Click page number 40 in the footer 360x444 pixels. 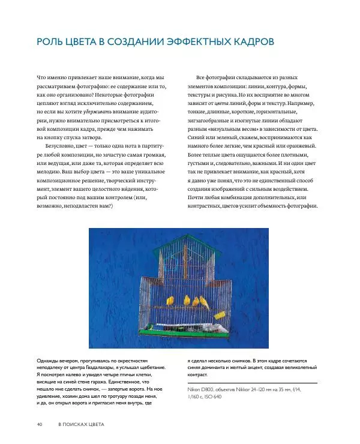[x=40, y=425]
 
